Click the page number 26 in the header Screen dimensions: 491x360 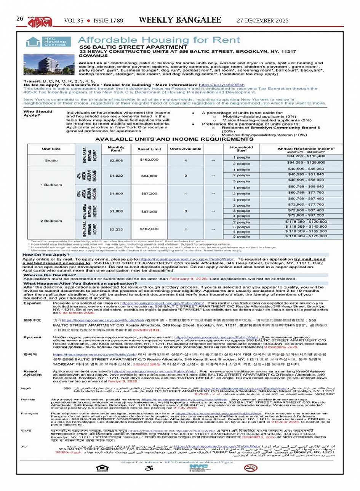tap(20, 18)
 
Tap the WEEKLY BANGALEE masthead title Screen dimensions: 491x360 tap(180, 20)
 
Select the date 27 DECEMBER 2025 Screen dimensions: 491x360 tap(262, 21)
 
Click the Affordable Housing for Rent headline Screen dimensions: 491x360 tap(159, 40)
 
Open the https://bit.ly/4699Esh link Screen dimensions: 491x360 tap(221, 85)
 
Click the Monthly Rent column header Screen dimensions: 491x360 tap(116, 149)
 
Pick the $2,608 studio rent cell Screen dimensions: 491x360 tap(116, 160)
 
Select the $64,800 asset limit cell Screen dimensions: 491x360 tap(149, 176)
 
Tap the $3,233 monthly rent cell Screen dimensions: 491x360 tap(116, 229)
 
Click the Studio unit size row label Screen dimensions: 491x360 tap(51, 160)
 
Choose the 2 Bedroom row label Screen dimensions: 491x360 tap(51, 221)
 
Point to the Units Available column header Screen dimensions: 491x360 tap(186, 149)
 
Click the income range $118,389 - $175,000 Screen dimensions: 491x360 tap(306, 236)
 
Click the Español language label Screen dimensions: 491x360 tap(32, 303)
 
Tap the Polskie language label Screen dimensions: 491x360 tap(28, 400)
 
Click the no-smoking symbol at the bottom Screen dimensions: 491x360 tap(250, 468)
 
